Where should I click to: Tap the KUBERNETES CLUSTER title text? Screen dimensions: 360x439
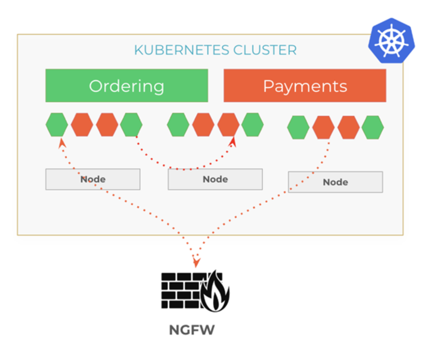click(x=215, y=50)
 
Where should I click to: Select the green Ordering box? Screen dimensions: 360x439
click(x=127, y=86)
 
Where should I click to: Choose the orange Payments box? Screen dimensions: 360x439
click(x=305, y=86)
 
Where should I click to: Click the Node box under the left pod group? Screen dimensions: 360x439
click(x=93, y=179)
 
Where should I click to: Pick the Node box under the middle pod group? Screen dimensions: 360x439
click(x=215, y=179)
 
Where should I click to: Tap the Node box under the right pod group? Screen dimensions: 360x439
click(x=335, y=182)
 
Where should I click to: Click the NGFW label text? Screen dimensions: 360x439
click(x=192, y=330)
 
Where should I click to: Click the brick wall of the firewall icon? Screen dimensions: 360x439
click(x=180, y=290)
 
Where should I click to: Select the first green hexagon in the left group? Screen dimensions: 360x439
click(x=57, y=125)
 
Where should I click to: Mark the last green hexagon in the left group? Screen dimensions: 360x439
click(x=131, y=125)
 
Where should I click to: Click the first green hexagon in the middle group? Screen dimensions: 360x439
click(x=178, y=125)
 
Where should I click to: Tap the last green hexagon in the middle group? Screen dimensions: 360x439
click(x=252, y=125)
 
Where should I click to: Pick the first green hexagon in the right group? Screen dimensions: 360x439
click(x=298, y=127)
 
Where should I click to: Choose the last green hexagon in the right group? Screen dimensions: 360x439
click(x=373, y=127)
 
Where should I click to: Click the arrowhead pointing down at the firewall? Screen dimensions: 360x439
click(x=196, y=263)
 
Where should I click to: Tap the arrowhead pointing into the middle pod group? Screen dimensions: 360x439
click(x=233, y=141)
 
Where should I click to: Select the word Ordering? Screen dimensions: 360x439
click(x=127, y=86)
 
